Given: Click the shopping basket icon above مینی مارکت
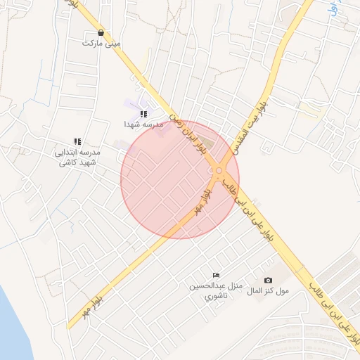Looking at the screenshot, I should [x=102, y=32].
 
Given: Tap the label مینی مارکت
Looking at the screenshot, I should [x=102, y=43].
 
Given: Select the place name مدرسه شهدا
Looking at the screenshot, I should [x=143, y=124].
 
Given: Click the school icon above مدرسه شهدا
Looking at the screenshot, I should [x=143, y=113].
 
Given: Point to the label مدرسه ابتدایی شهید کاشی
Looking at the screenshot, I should [x=77, y=157].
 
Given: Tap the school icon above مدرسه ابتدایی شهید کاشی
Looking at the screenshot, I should [x=77, y=141].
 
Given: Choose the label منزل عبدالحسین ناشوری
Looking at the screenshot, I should [x=214, y=291].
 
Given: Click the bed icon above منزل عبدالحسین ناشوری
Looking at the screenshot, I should [x=216, y=275].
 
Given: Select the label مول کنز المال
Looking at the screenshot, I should [x=268, y=290].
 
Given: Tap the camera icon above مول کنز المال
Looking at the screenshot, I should [x=268, y=280].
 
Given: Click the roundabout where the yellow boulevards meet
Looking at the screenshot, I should [x=220, y=170].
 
